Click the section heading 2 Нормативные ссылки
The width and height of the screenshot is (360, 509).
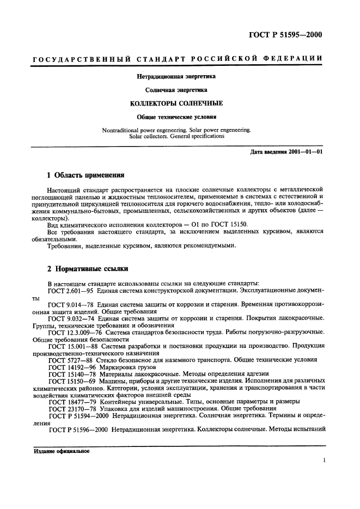[x=83, y=269]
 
